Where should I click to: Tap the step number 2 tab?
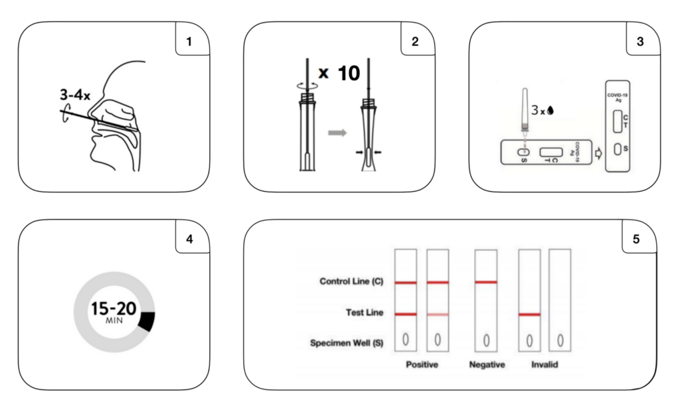pyautogui.click(x=415, y=40)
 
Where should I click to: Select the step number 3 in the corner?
pyautogui.click(x=639, y=40)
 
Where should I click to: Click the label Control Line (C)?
pyautogui.click(x=351, y=282)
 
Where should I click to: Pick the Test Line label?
pyautogui.click(x=365, y=313)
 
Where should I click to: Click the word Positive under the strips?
pyautogui.click(x=422, y=365)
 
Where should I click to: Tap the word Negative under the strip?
pyautogui.click(x=487, y=365)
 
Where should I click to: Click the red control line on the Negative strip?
pyautogui.click(x=487, y=282)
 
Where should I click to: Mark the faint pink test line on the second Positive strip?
pyautogui.click(x=438, y=314)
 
